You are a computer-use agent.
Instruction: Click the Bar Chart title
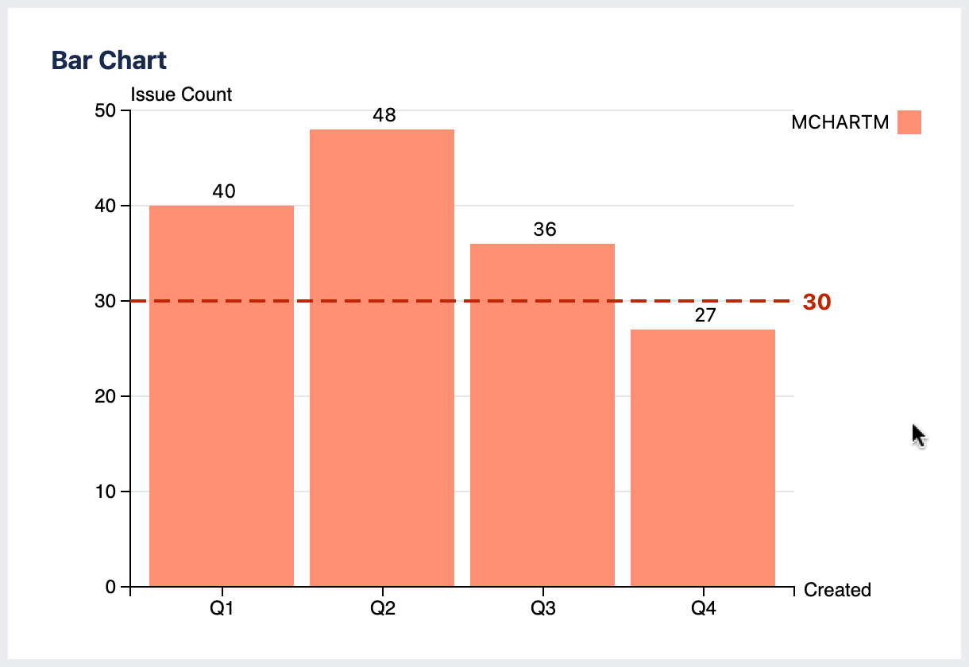pyautogui.click(x=109, y=60)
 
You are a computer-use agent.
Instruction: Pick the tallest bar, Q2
pyautogui.click(x=382, y=357)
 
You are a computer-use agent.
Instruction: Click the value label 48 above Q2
pyautogui.click(x=384, y=115)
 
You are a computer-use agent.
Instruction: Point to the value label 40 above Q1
pyautogui.click(x=224, y=191)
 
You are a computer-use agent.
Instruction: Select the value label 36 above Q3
pyautogui.click(x=545, y=229)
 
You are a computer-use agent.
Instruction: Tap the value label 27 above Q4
pyautogui.click(x=705, y=315)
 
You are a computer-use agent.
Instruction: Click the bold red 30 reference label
pyautogui.click(x=817, y=303)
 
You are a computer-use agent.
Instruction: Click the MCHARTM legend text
pyautogui.click(x=840, y=123)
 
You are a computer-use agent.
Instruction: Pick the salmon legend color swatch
pyautogui.click(x=909, y=122)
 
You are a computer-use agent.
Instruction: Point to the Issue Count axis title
pyautogui.click(x=181, y=94)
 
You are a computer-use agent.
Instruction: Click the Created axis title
pyautogui.click(x=837, y=590)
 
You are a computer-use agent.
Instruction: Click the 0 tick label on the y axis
pyautogui.click(x=111, y=587)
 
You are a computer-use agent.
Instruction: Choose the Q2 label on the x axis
pyautogui.click(x=382, y=610)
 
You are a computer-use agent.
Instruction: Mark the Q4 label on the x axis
pyautogui.click(x=703, y=610)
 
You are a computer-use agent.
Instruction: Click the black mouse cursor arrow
pyautogui.click(x=918, y=435)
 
